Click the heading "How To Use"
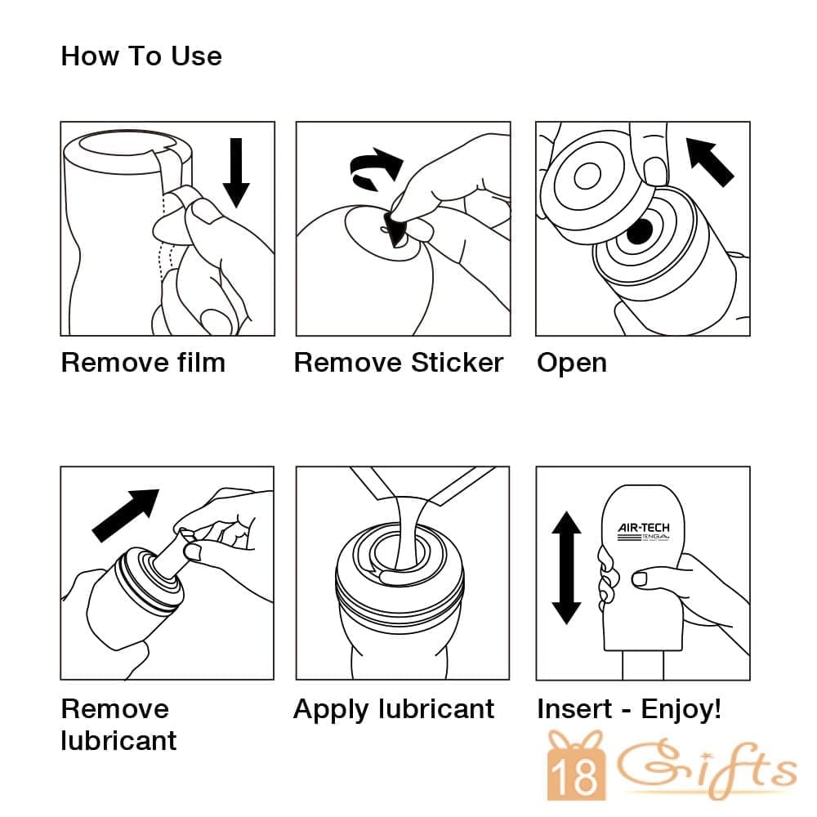coord(141,56)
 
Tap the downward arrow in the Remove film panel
coord(236,172)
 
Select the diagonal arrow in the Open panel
coord(710,161)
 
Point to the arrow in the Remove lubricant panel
coord(126,516)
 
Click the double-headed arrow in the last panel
coord(566,568)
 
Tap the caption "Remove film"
coord(143,363)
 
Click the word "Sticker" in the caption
coord(457,363)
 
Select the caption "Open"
coord(572,364)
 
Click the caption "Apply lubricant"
coord(394,710)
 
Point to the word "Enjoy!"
coord(681,710)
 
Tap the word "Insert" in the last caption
coord(574,709)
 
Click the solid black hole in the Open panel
coord(640,232)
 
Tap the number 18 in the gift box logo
coord(576,777)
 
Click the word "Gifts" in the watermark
coord(707,768)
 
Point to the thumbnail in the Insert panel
coord(640,578)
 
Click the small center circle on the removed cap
coord(587,177)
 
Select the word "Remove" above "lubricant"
coord(115,709)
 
